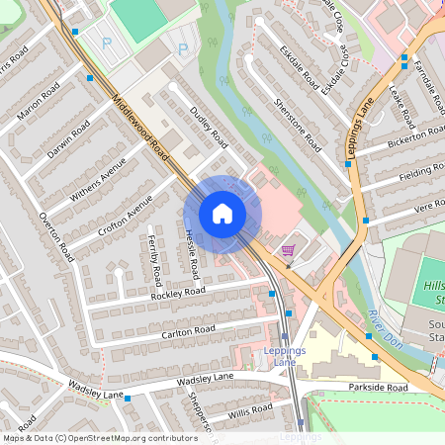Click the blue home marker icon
pos(222,213)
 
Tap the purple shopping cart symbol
pos(288,250)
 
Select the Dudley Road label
pos(209,128)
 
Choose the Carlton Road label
pos(188,330)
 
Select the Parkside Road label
pos(382,389)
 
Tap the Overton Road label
pos(56,235)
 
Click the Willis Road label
pos(249,408)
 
